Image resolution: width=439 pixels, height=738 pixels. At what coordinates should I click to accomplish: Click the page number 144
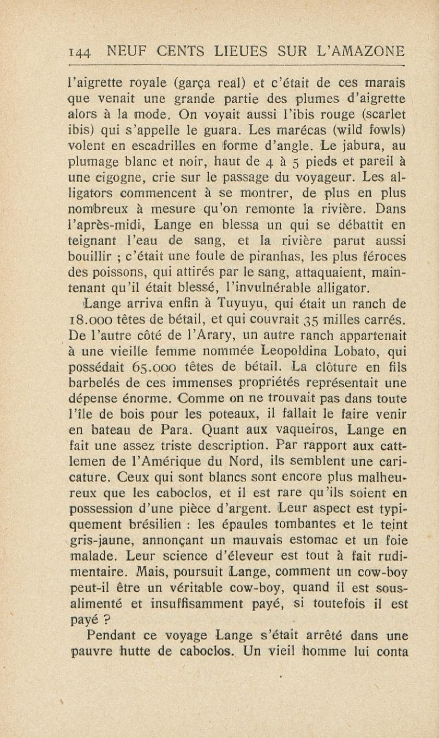click(79, 53)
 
